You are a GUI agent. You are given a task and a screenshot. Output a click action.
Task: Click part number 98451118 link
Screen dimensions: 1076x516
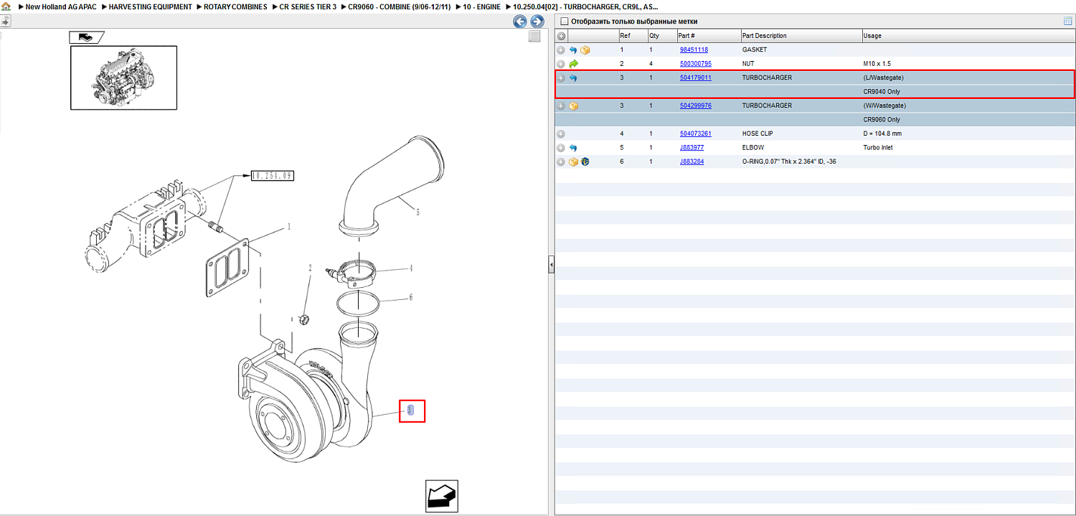(694, 50)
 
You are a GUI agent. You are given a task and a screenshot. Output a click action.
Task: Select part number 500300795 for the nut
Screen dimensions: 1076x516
(696, 63)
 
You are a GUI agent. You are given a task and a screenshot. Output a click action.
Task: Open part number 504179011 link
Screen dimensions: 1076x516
(696, 78)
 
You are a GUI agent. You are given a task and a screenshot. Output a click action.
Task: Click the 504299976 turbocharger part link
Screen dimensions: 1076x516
(696, 105)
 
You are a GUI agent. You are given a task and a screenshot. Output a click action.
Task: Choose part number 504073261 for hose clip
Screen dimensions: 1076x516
(696, 133)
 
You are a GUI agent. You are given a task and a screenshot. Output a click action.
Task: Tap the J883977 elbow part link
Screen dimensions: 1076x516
(692, 148)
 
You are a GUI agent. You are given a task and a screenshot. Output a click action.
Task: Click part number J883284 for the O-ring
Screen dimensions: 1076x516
(692, 161)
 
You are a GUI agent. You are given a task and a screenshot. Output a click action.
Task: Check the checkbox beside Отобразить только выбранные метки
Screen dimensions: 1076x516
(565, 21)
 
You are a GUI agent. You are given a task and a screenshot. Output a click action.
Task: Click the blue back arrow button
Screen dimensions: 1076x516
(520, 21)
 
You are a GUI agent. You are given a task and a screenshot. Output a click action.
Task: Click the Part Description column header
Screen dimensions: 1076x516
(764, 36)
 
